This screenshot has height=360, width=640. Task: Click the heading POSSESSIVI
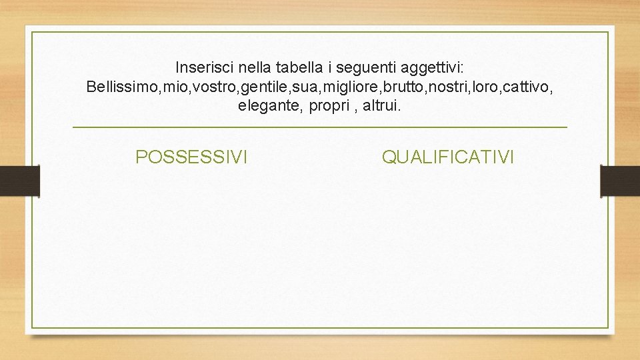point(191,157)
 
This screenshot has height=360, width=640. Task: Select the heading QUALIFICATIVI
point(448,157)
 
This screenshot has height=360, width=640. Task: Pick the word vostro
point(209,87)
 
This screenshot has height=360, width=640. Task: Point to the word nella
point(250,67)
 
